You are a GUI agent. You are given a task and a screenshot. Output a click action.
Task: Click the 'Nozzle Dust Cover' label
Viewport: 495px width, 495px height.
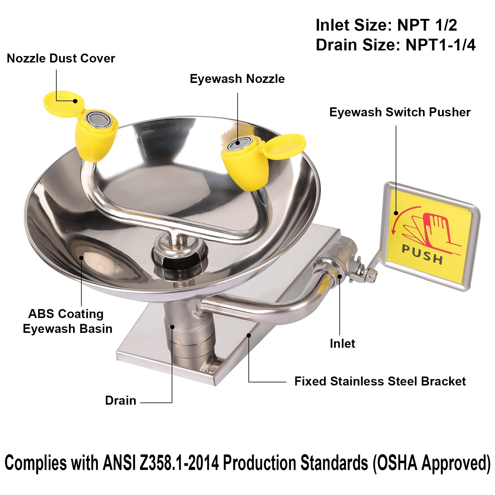point(61,58)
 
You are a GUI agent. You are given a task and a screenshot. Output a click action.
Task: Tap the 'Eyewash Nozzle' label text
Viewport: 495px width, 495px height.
point(237,79)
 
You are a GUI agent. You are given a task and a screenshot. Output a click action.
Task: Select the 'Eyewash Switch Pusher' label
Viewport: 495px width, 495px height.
point(400,112)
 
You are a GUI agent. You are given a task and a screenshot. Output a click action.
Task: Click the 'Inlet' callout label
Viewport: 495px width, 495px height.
point(342,343)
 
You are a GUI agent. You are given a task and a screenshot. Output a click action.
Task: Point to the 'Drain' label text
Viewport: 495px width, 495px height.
point(121,400)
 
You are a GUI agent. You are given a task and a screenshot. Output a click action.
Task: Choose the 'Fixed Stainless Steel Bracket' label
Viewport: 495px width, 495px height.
point(380,381)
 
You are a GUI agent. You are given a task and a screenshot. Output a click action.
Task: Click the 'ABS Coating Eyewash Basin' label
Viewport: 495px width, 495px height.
point(67,321)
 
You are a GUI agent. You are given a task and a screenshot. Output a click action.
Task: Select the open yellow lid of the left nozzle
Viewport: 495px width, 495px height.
point(64,102)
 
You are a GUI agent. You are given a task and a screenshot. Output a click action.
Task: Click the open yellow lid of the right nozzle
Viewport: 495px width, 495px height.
point(284,146)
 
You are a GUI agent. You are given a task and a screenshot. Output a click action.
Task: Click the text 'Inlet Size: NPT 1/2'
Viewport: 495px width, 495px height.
point(386,25)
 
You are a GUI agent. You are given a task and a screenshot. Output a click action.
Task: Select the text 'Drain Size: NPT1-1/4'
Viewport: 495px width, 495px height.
point(395,45)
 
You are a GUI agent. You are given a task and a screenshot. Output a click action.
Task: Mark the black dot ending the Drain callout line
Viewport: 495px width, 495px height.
point(172,327)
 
